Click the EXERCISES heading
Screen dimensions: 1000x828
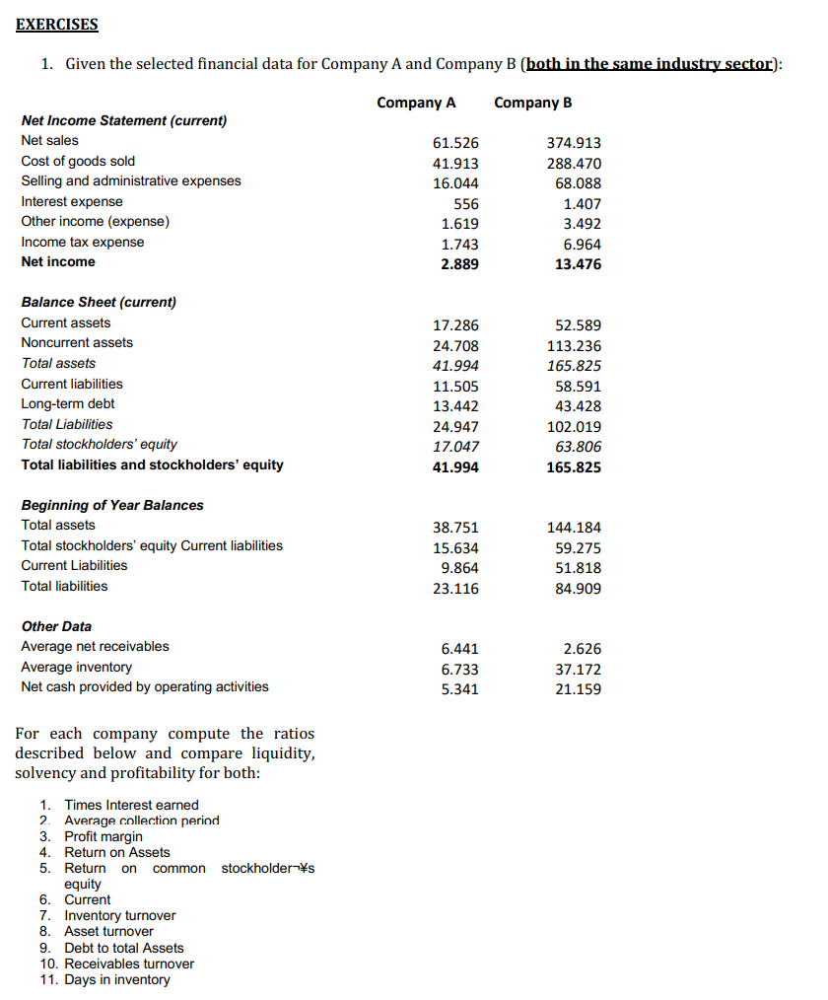coord(57,24)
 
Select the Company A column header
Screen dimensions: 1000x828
coord(416,103)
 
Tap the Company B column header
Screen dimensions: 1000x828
coord(532,103)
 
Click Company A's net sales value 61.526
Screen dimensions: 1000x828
coord(456,143)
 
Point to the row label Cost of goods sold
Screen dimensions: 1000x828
coord(79,161)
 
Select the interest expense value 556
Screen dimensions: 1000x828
coord(466,203)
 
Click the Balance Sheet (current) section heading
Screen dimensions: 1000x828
coord(99,302)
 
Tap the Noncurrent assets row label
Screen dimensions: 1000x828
coord(77,342)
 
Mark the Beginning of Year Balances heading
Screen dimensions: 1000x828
coord(112,505)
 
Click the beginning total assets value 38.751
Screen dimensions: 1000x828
coord(456,528)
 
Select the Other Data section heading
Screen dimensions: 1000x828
coord(56,626)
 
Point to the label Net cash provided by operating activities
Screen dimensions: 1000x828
coord(144,686)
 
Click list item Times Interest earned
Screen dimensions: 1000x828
coord(131,805)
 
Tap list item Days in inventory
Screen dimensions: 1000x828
coord(116,979)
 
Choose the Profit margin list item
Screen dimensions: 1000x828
coord(103,836)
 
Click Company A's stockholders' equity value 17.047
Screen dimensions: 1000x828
coord(456,446)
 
